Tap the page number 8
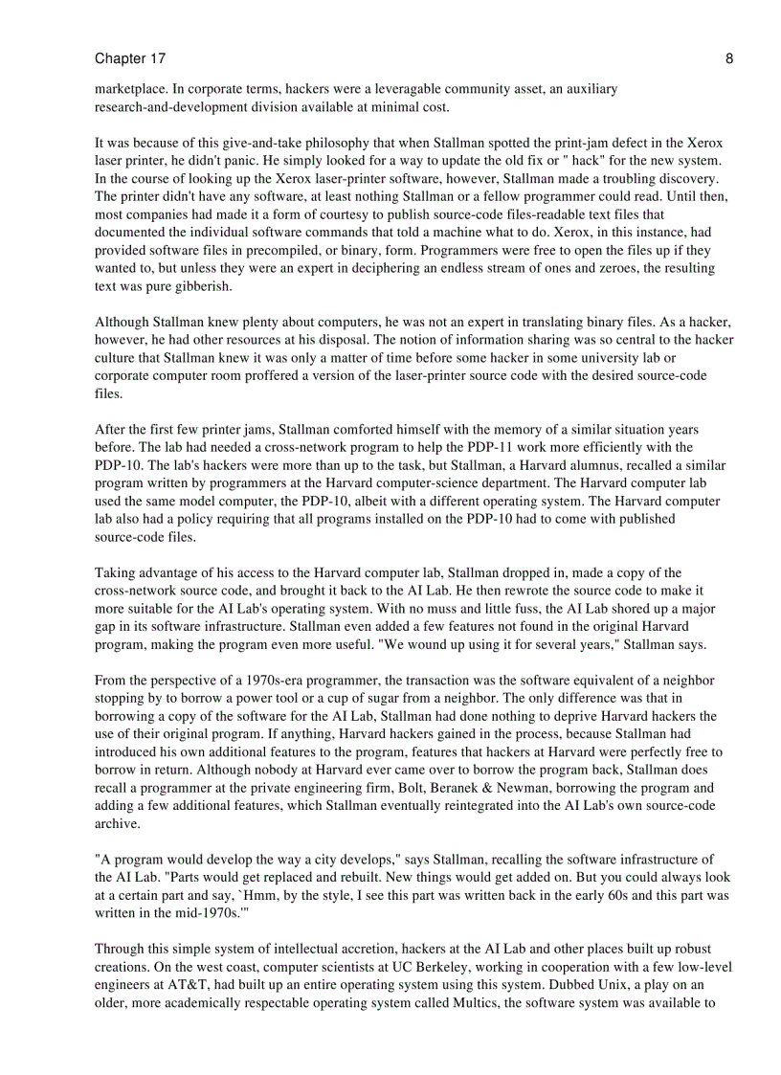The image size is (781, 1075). coord(729,59)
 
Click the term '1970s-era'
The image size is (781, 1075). coord(267,681)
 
